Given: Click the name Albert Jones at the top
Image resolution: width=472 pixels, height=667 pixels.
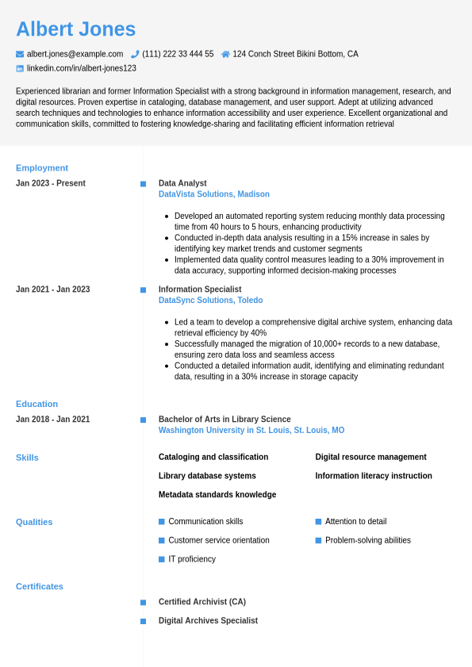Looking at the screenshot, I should point(75,29).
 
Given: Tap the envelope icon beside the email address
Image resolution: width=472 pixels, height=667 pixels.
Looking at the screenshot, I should point(20,54).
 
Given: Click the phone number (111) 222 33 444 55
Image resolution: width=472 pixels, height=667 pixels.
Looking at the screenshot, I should point(178,54).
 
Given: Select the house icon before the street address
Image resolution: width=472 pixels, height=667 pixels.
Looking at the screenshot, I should point(225,54).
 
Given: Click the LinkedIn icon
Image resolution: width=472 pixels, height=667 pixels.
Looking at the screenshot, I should point(20,69).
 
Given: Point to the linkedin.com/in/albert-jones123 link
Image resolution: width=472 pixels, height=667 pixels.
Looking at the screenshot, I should point(82,69).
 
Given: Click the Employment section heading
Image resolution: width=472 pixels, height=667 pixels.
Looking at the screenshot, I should point(42,168).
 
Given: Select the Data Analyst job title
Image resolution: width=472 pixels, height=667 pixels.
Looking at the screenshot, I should point(182,183).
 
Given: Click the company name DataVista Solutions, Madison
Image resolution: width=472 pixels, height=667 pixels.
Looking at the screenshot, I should point(214,194).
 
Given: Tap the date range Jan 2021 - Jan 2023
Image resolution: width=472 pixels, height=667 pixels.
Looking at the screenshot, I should point(52,289).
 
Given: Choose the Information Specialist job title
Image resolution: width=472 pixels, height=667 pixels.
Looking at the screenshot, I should point(200,289).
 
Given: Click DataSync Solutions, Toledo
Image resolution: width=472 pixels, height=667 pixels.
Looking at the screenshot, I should point(210,301).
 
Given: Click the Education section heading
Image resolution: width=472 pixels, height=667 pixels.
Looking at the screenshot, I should point(36,404).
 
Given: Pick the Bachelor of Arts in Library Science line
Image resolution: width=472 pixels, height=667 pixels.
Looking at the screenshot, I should point(224,420).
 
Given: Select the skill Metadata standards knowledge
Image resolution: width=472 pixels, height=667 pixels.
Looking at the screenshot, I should point(217,495).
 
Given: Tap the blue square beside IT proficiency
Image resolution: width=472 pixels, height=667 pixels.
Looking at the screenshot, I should point(162,559).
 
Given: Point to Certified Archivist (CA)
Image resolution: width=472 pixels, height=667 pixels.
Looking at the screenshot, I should point(202,602).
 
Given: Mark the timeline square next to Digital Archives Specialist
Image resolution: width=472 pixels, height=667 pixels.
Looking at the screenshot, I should point(144,621).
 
